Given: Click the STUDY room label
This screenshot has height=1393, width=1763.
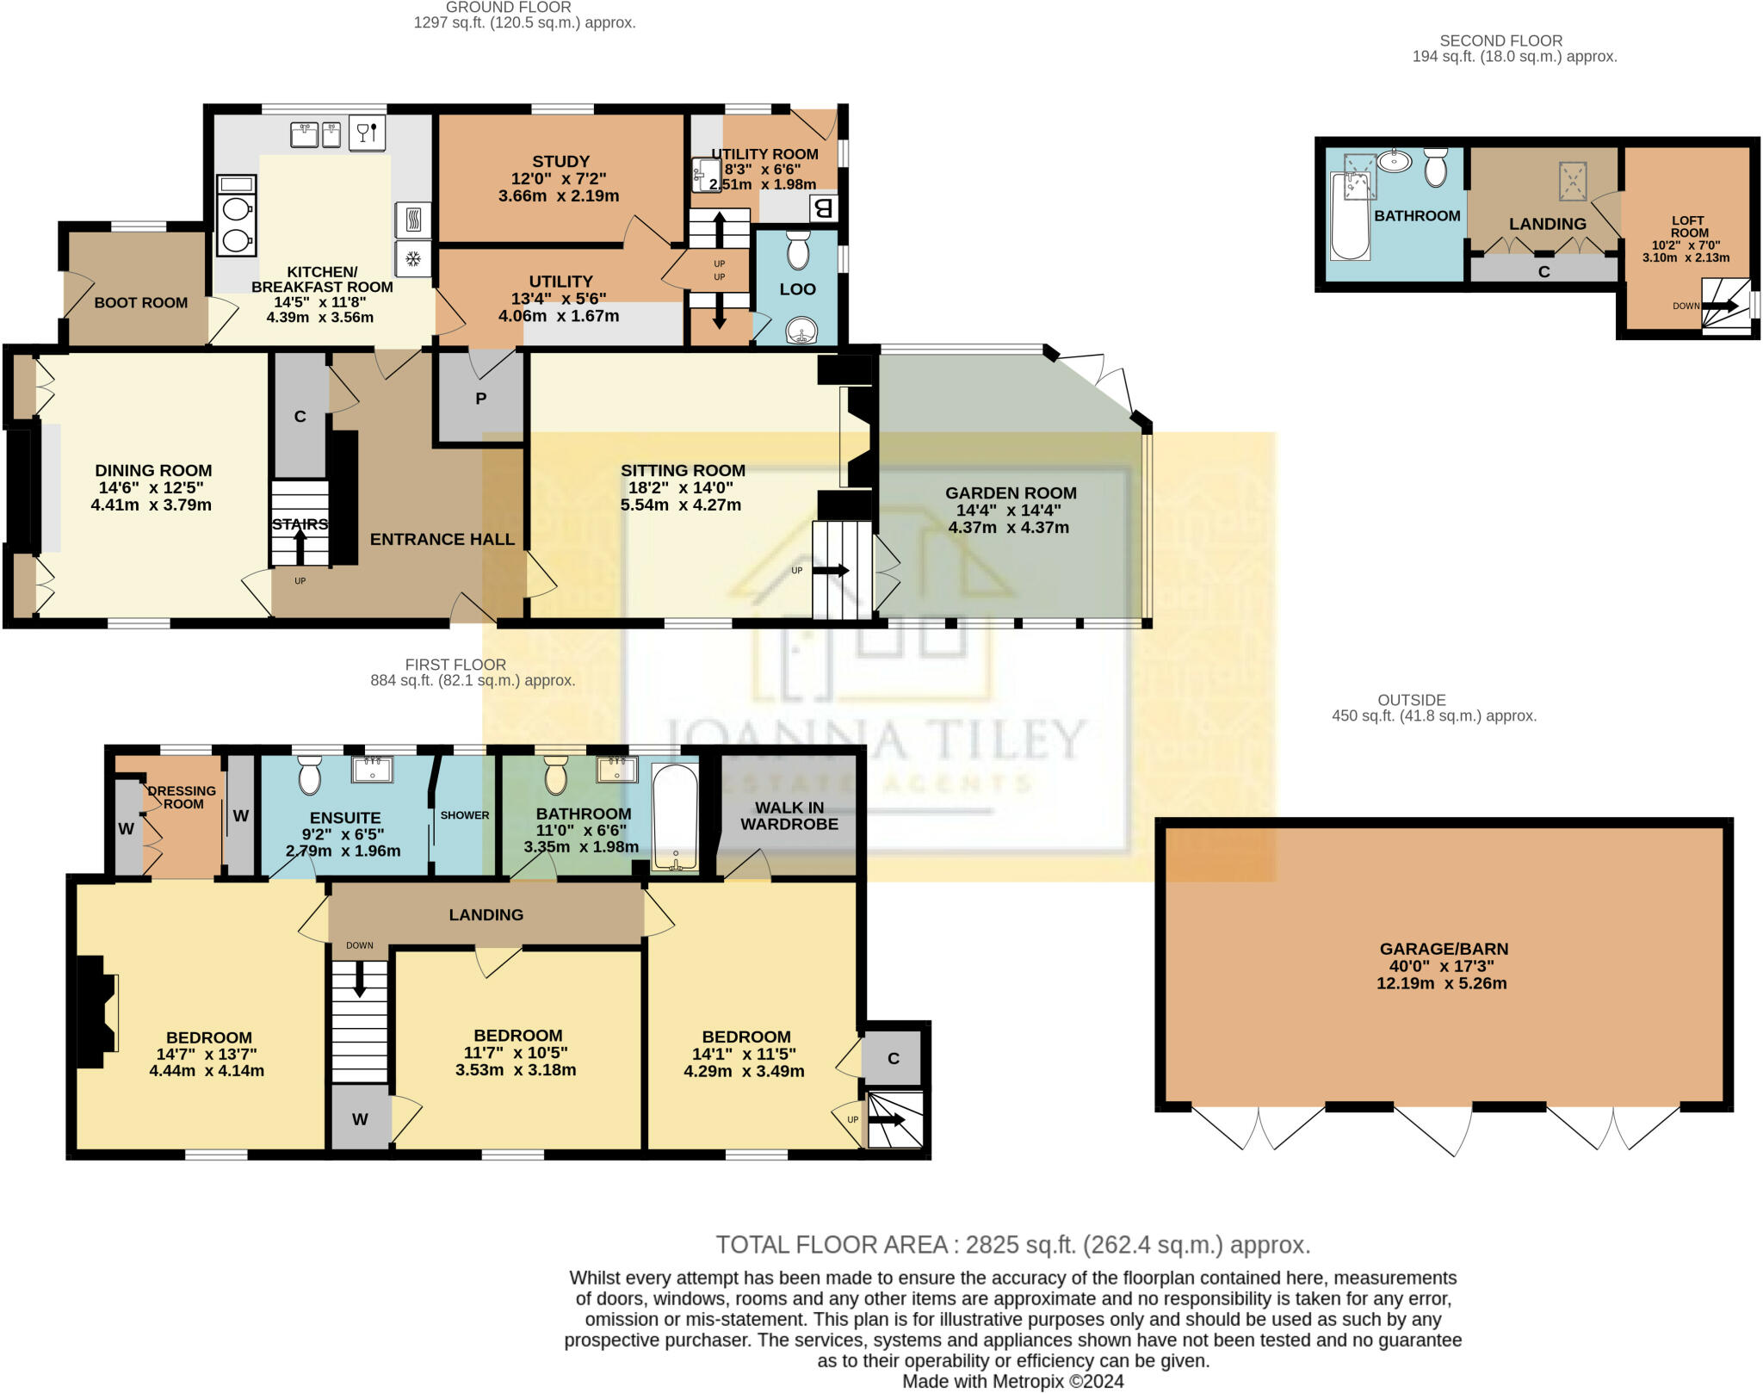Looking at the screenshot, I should click(560, 162).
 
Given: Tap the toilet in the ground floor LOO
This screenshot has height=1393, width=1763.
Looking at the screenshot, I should click(798, 249).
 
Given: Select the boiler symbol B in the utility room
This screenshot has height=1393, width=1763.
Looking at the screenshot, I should click(823, 207).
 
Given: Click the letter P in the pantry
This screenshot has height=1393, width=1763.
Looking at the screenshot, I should click(481, 399).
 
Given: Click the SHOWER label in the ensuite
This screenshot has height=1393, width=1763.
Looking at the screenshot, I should click(465, 815).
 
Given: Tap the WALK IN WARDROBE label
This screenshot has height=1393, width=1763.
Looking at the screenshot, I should click(789, 815).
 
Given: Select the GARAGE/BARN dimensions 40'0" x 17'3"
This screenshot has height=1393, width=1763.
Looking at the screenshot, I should click(1442, 966).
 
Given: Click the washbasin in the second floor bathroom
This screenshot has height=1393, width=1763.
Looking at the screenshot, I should click(1394, 161).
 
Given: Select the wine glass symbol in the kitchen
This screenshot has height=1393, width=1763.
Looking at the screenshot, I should click(367, 133).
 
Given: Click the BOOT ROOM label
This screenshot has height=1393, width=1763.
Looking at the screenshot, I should click(141, 303).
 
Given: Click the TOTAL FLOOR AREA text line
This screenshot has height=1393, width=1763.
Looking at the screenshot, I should click(1012, 1245).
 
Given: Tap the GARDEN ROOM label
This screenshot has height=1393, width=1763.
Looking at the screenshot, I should click(1011, 493).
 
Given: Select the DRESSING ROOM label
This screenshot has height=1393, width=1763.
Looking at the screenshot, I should click(182, 797).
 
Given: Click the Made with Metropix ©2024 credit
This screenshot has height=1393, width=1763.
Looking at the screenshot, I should click(1012, 1382).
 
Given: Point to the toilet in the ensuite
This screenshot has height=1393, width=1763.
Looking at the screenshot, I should click(310, 774).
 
